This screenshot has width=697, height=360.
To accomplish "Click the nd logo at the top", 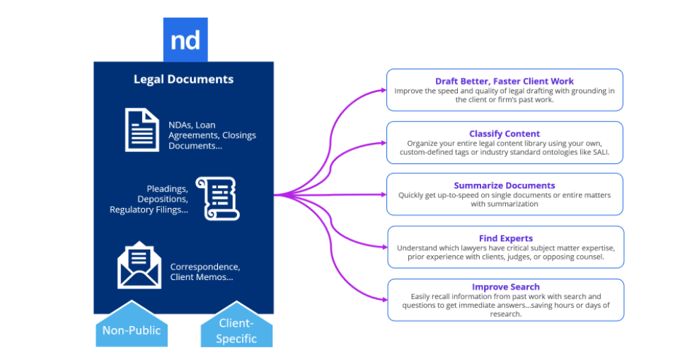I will pyautogui.click(x=185, y=40).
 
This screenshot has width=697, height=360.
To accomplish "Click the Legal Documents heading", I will pyautogui.click(x=183, y=79).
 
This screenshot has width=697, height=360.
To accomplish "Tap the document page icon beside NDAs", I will pyautogui.click(x=142, y=129).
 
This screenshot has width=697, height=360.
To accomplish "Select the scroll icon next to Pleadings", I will pyautogui.click(x=217, y=199).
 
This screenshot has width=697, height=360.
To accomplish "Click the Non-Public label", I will pyautogui.click(x=132, y=330).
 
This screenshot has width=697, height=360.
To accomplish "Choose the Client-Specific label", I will pyautogui.click(x=236, y=330).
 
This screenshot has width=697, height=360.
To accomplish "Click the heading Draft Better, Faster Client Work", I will pyautogui.click(x=505, y=81).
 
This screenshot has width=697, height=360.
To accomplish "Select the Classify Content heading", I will pyautogui.click(x=505, y=134).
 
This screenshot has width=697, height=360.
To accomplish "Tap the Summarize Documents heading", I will pyautogui.click(x=505, y=185).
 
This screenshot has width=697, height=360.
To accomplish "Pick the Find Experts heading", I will pyautogui.click(x=505, y=238).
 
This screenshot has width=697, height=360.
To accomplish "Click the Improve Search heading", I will pyautogui.click(x=505, y=286).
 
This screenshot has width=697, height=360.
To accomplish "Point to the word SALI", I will pyautogui.click(x=597, y=152).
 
